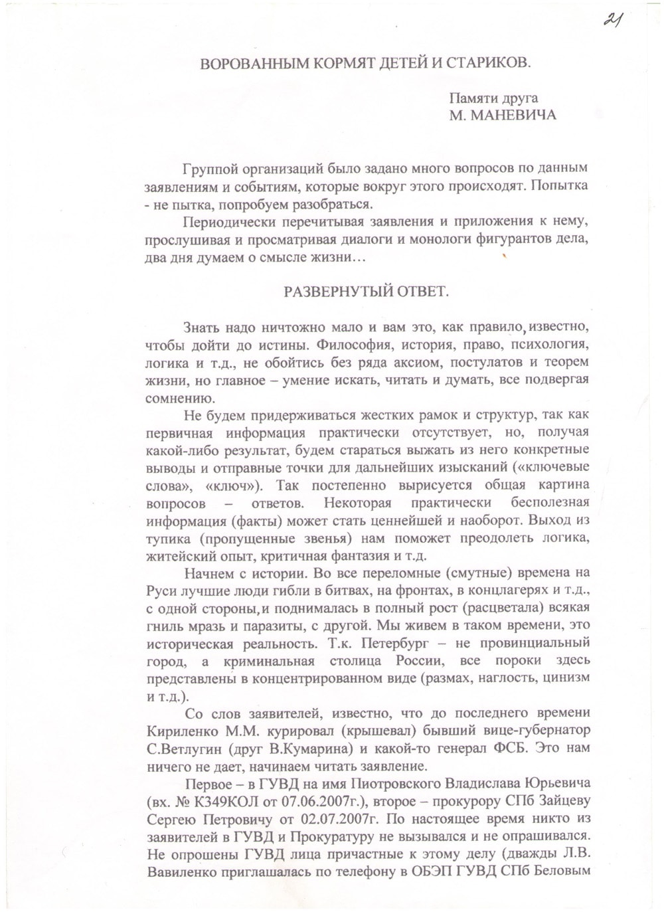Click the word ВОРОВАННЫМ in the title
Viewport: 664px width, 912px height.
coord(246,64)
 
